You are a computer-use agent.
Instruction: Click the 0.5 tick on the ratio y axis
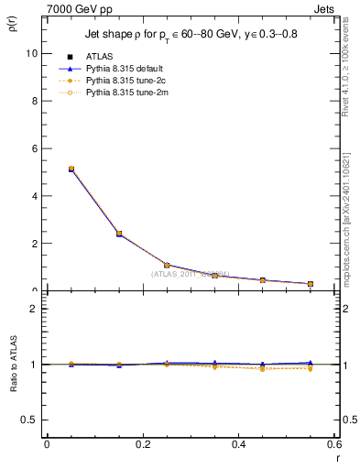pos(29,420)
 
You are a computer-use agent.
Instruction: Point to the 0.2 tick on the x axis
pos(142,444)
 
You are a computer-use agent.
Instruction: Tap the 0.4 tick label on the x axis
pos(238,444)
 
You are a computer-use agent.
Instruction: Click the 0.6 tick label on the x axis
pos(333,444)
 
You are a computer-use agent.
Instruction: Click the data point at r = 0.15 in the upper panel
pos(119,234)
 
